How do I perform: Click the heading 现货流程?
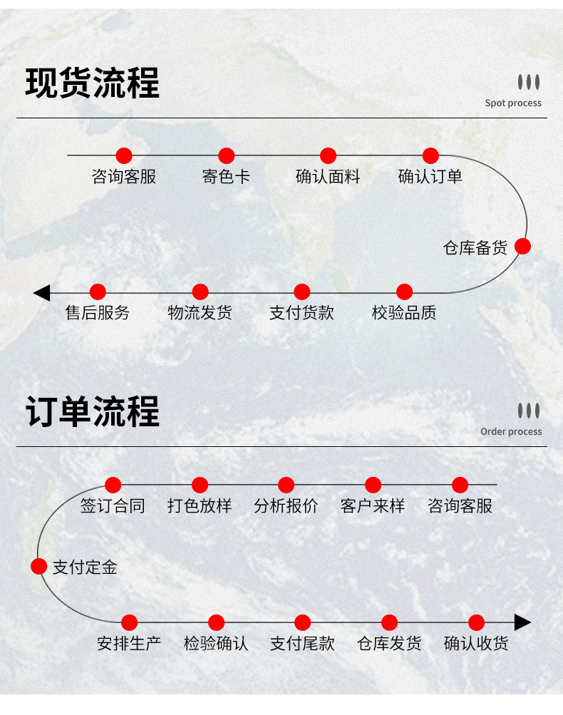[x=92, y=83]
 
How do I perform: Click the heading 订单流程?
[x=92, y=412]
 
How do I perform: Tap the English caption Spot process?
[x=513, y=103]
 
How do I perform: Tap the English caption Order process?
[x=511, y=431]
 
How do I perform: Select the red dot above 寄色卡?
[x=226, y=155]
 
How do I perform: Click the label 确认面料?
[x=328, y=177]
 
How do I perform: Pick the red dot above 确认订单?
[x=430, y=155]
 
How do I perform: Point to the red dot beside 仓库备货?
[x=522, y=246]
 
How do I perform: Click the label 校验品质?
[x=404, y=313]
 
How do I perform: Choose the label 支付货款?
[x=301, y=313]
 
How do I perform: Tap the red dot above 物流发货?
[x=200, y=292]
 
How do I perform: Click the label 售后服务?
[x=98, y=313]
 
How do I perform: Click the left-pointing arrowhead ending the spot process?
[x=41, y=293]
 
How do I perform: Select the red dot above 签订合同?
[x=113, y=485]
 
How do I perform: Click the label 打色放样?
[x=200, y=506]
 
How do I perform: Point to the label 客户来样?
[x=373, y=506]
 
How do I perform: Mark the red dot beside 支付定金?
[x=38, y=566]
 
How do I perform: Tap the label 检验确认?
[x=216, y=644]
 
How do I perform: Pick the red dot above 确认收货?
[x=476, y=622]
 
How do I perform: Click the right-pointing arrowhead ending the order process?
[x=523, y=622]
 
